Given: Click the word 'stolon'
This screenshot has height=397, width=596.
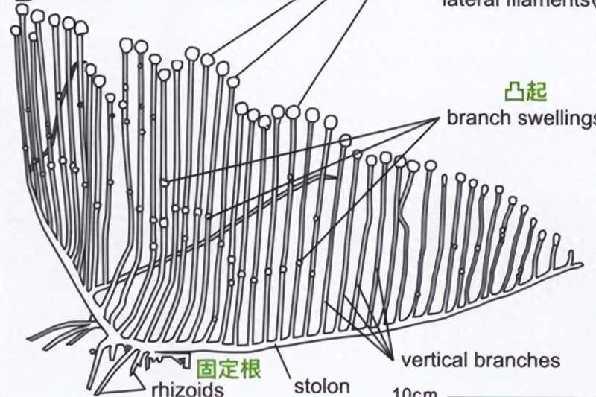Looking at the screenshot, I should tap(321, 386).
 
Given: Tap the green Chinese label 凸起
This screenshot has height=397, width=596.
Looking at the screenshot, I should tap(525, 92).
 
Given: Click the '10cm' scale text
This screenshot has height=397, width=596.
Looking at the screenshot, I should tap(414, 393).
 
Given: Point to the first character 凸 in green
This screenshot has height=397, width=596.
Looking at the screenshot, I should tap(515, 92).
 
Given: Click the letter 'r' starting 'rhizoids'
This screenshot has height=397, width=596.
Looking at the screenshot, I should tap(155, 389).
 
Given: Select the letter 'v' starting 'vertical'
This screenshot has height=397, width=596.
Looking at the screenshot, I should tap(406, 361).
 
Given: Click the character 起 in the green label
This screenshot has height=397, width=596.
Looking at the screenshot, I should tap(536, 92).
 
